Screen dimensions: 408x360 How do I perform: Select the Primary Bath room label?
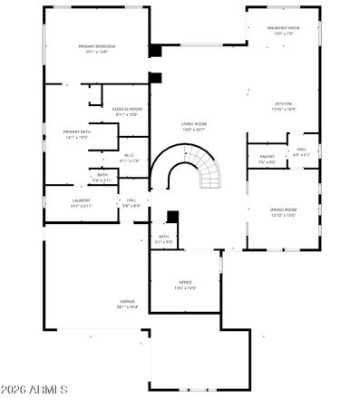pos(76,132)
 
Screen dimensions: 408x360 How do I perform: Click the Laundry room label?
pos(82,200)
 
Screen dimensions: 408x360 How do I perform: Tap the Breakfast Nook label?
pos(284,28)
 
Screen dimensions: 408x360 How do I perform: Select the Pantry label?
pos(268,156)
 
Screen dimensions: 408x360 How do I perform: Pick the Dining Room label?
pos(283,210)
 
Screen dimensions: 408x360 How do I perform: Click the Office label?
pos(184,284)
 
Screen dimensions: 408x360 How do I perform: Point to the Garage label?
pos(128,302)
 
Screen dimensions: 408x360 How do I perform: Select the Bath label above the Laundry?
pos(102,175)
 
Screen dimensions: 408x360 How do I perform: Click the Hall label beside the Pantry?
pos(301,150)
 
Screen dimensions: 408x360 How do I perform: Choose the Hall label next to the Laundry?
pos(131,200)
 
